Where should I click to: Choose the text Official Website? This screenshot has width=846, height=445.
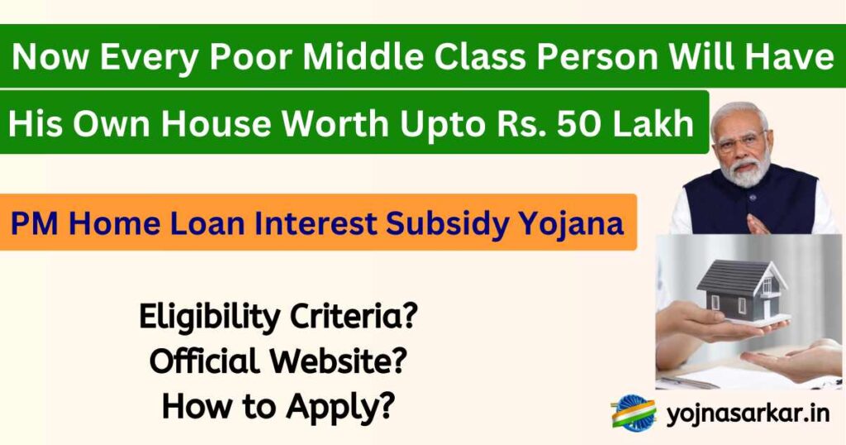click(278, 361)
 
